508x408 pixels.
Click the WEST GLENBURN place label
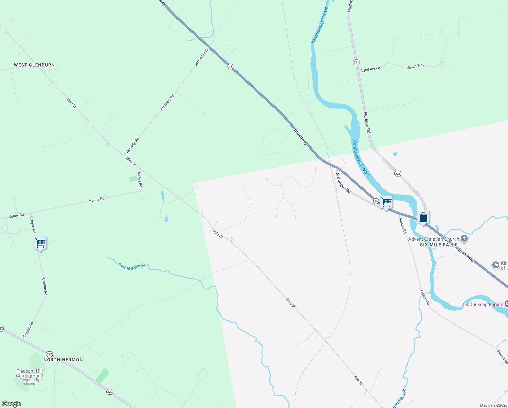34,65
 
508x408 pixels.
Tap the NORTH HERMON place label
63,360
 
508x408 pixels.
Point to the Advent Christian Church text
433,239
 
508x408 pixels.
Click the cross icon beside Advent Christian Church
464,239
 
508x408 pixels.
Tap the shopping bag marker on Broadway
423,218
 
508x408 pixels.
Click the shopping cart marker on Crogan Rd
40,243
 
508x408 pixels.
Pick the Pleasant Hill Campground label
30,373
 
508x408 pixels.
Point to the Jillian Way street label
416,66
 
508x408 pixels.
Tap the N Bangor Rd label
343,183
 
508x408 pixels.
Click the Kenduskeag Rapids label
482,304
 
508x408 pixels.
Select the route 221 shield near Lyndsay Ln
356,62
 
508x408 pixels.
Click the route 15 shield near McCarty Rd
230,67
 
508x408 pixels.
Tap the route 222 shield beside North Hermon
50,354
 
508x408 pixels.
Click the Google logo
12,404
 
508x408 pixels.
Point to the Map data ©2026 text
493,405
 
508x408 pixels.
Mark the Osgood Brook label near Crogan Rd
132,267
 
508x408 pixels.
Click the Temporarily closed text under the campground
30,382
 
